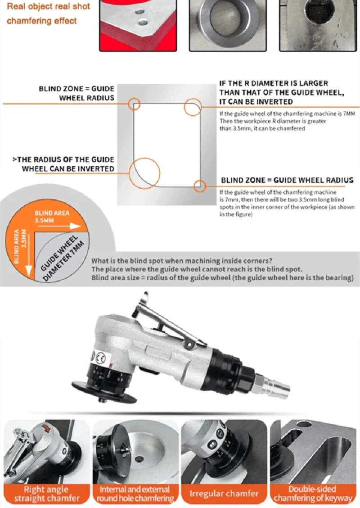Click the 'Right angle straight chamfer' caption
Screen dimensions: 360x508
[47, 494]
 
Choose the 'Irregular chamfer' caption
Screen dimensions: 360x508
[224, 494]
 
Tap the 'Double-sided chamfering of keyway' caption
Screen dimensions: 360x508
[313, 494]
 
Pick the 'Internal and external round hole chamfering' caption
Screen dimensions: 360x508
[135, 494]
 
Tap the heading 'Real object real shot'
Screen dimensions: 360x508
[48, 6]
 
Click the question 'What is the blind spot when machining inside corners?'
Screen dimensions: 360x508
[182, 261]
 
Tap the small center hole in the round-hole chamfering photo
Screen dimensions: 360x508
[139, 459]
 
